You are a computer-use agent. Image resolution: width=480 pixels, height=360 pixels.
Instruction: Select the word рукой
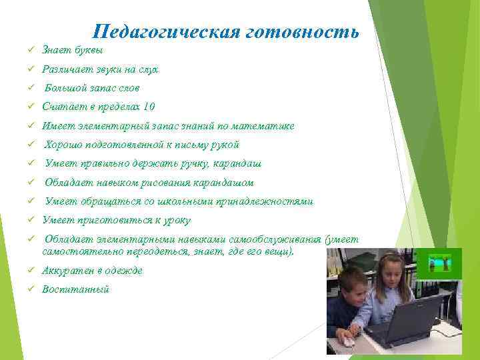pyautogui.click(x=225, y=145)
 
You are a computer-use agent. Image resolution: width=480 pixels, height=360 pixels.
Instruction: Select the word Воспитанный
pyautogui.click(x=75, y=289)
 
